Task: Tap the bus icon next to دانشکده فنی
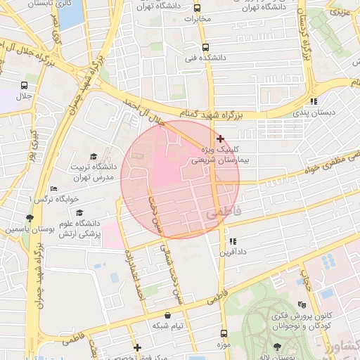(205, 49)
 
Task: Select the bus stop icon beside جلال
(24, 86)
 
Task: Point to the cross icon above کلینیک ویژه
(221, 139)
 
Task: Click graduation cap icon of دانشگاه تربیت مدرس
(94, 156)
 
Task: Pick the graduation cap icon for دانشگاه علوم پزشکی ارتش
(79, 212)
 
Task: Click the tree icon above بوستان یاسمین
(29, 218)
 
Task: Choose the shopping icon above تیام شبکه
(167, 316)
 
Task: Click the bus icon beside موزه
(224, 334)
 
